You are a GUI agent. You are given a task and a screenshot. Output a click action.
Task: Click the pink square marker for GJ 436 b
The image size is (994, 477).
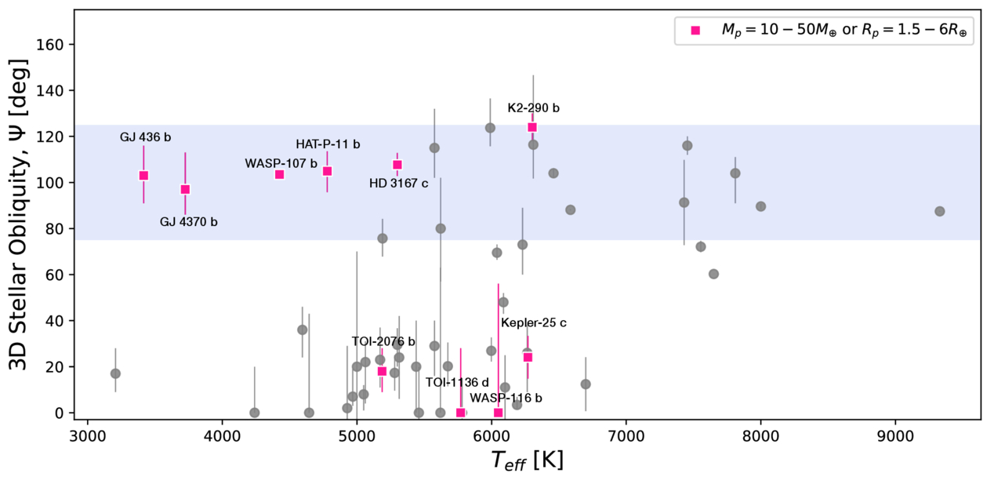(143, 176)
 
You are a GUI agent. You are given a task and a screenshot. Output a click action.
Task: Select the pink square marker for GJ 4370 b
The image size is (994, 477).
(185, 189)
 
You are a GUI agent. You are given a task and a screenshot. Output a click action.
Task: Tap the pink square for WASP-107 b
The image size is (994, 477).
(279, 174)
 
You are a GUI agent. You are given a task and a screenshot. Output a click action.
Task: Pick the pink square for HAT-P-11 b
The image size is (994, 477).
(327, 171)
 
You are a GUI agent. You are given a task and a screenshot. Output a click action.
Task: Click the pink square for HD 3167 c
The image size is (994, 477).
(397, 165)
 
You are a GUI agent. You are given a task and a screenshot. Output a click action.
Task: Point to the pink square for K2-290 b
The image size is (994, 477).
(532, 127)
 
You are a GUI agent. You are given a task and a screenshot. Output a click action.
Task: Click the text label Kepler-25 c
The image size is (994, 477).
(534, 322)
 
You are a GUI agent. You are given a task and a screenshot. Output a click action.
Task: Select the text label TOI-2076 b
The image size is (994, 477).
(383, 341)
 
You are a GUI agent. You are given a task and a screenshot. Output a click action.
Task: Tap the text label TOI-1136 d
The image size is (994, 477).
(457, 382)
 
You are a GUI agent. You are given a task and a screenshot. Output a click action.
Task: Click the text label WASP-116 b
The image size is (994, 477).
(506, 399)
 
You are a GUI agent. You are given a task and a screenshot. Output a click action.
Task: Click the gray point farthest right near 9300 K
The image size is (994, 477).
(940, 211)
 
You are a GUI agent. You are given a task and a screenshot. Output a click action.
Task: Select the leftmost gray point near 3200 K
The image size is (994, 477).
(115, 373)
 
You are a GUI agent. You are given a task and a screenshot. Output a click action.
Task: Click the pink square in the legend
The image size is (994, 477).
(695, 31)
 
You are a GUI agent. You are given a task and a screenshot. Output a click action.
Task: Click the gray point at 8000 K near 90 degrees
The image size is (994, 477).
(760, 206)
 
